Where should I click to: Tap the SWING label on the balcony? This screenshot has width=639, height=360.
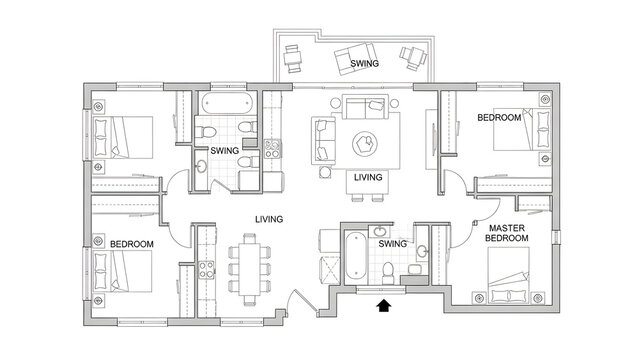pos(362,63)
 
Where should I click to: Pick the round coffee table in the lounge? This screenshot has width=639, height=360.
pos(365,142)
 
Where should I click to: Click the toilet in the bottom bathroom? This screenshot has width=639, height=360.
pos(388,269)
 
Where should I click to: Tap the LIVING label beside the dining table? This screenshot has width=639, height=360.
pos(267,218)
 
